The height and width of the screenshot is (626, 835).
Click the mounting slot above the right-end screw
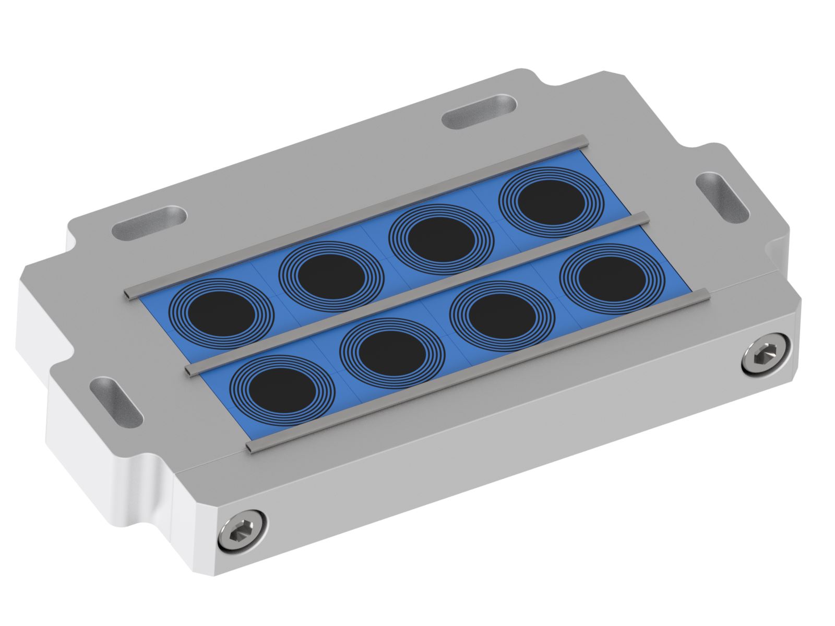click(x=722, y=197)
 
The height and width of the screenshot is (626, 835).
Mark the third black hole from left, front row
click(x=502, y=315)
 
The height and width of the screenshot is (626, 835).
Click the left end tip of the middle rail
click(x=190, y=369)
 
